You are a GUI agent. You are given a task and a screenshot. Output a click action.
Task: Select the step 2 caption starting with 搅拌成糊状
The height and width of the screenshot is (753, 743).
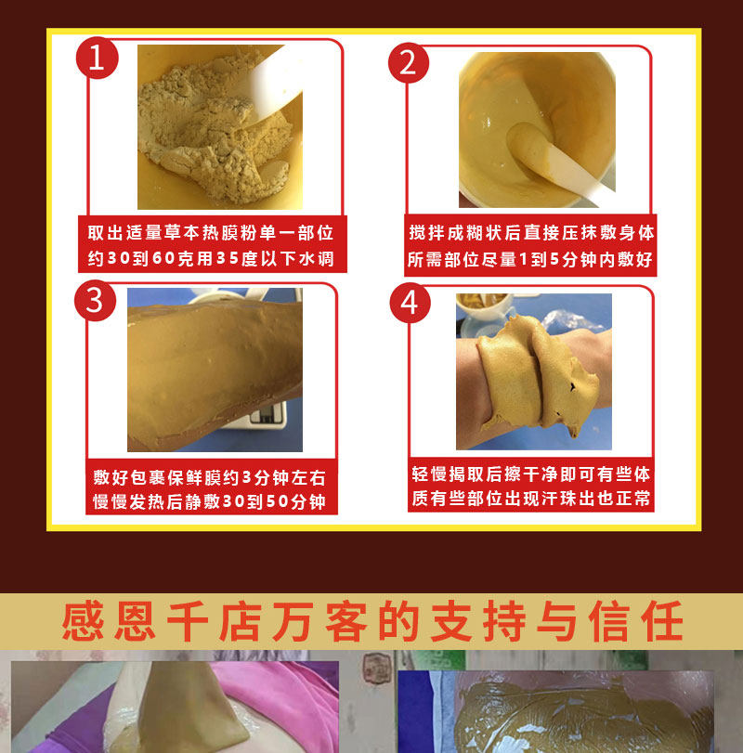pos(530,246)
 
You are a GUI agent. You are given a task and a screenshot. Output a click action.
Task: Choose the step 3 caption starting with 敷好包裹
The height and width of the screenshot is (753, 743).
pos(210,490)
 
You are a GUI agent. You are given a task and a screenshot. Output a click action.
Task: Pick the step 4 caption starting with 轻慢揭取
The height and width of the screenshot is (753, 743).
pos(530,486)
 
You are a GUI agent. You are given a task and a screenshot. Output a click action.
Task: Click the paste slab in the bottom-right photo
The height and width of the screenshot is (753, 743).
pos(594,715)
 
